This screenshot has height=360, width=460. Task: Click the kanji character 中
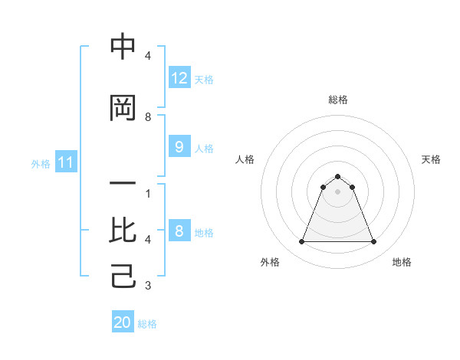coord(123,47)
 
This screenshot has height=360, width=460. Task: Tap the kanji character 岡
coord(123,109)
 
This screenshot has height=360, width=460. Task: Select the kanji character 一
coord(123,184)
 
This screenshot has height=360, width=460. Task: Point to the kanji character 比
coord(123,230)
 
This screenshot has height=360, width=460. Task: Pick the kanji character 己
coord(123,276)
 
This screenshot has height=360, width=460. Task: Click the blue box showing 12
coord(179,78)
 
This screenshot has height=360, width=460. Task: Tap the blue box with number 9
coord(179,147)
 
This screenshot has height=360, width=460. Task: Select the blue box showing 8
coord(179,231)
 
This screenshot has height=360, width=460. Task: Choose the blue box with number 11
coord(65,162)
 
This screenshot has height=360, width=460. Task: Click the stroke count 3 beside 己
coord(148,286)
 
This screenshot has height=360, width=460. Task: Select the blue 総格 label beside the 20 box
coord(147,324)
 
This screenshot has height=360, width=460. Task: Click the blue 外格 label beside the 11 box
coord(40,163)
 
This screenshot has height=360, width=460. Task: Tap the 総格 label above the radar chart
coord(337,100)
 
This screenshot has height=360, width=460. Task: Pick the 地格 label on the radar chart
coord(402,262)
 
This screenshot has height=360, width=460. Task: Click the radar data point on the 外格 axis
coord(301,242)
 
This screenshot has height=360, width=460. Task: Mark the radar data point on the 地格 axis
coord(373,242)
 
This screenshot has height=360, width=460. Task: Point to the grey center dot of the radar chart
coord(337,191)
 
